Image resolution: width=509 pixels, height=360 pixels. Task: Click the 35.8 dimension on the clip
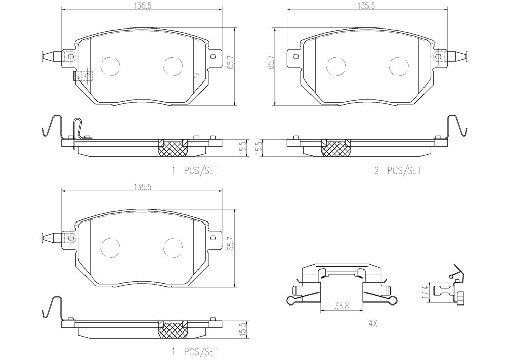click(x=342, y=306)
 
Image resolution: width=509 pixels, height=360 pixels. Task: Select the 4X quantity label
click(x=373, y=323)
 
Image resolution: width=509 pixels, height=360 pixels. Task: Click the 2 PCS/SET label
click(x=398, y=171)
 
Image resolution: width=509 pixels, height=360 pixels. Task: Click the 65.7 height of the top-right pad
click(x=271, y=62)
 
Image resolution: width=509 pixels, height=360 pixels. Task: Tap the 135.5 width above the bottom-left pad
click(x=142, y=187)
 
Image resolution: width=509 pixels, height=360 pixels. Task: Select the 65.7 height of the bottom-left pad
click(x=231, y=242)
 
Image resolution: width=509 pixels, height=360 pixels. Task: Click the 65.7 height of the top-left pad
click(x=231, y=61)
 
